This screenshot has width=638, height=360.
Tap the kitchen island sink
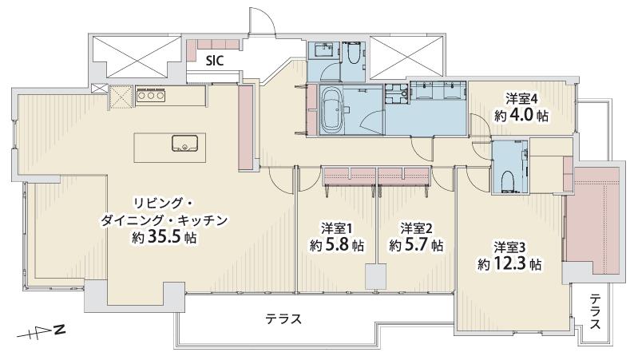(184, 144)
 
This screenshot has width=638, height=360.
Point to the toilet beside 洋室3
(509, 180)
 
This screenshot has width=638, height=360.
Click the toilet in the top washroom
(353, 54)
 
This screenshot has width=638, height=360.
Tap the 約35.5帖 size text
(165, 237)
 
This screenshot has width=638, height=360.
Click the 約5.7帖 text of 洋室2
(416, 246)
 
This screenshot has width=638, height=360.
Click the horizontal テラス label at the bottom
(284, 319)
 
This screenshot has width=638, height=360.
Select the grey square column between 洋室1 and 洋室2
(375, 276)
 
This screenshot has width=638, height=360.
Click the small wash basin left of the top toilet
(324, 51)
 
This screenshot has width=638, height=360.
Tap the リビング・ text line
(157, 202)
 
